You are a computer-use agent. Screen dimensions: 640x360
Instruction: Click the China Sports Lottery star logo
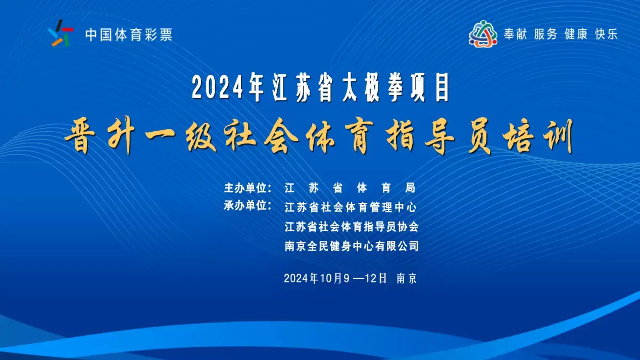61,33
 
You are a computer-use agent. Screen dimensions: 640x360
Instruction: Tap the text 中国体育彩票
129,35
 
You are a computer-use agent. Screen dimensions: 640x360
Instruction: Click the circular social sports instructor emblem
483,34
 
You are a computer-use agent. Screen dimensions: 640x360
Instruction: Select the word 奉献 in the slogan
515,34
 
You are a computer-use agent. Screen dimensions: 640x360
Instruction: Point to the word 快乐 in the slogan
606,34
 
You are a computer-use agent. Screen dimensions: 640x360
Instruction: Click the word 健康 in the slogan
576,34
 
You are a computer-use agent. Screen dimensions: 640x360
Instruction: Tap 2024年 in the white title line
228,87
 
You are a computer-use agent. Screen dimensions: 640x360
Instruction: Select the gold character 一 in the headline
160,134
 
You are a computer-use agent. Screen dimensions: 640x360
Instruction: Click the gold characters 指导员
440,137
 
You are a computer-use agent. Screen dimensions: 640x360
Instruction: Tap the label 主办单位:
248,188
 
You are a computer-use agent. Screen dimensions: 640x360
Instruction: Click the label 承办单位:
248,205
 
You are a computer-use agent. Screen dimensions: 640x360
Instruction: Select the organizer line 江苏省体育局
350,188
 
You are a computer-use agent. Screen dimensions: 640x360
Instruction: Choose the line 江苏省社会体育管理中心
351,208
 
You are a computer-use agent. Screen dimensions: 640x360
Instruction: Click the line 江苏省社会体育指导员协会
352,227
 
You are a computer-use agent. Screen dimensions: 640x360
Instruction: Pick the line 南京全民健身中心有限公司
352,246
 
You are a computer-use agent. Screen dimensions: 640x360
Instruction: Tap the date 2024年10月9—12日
335,278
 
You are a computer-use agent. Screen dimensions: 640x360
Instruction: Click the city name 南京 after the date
407,278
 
